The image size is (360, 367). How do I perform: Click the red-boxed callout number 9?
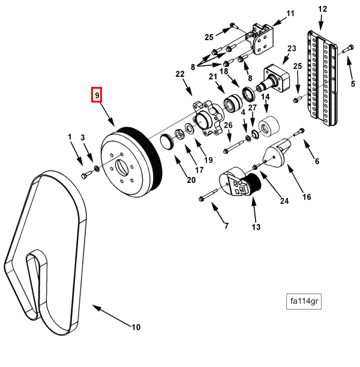coord(97,95)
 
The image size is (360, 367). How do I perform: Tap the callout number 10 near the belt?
coord(136,327)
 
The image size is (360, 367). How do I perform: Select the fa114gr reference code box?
coord(304,302)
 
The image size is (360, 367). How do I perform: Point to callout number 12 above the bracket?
coord(322,9)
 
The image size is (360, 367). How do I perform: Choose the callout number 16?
coord(306,196)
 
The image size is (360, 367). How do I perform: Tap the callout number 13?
coord(256,227)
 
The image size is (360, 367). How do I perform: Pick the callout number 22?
coord(179,74)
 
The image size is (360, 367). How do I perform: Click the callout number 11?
coord(290,14)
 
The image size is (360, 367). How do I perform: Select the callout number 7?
coord(226,226)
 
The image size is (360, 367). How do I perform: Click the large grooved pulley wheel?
coord(129,157)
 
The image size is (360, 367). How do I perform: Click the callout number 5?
coord(353,83)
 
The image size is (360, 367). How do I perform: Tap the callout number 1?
coord(70,137)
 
